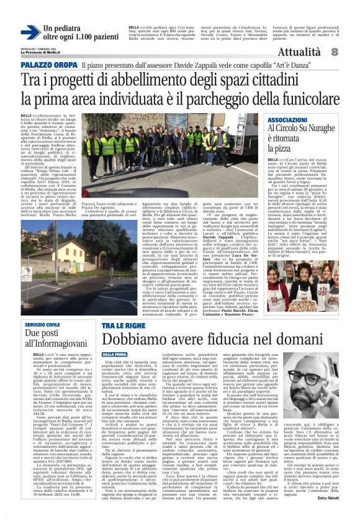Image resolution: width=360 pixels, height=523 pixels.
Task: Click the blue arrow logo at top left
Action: [30, 32]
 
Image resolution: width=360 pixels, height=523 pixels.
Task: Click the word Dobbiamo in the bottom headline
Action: [136, 340]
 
